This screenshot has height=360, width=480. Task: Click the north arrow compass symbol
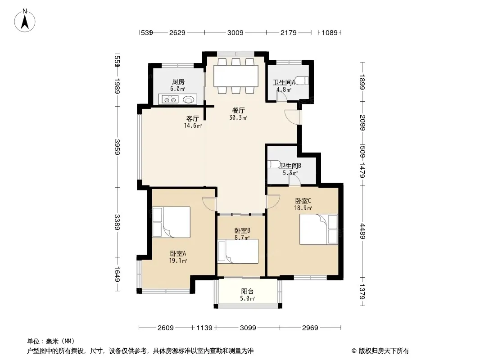pos(25,20)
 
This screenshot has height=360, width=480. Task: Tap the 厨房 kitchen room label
pos(178,81)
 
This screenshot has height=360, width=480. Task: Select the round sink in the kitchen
pos(188,99)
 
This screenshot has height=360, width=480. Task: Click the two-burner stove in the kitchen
pos(170,99)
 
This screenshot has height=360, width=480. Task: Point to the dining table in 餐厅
pos(235,76)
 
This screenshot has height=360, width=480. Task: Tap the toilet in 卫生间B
pos(273,165)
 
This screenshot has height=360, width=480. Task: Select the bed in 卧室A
pos(172,222)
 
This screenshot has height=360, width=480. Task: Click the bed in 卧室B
pos(238,251)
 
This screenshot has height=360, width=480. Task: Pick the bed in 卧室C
pos(318,229)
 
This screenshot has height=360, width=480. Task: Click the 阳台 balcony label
pos(247,292)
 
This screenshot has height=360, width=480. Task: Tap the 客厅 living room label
pos(193,118)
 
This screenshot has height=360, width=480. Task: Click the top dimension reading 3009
pos(235,32)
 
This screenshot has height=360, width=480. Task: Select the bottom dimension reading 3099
pos(248,328)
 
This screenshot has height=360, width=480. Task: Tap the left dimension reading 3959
pos(117,147)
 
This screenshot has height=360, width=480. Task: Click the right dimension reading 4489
pos(362,231)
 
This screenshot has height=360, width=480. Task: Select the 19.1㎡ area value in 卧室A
pos(178,261)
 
